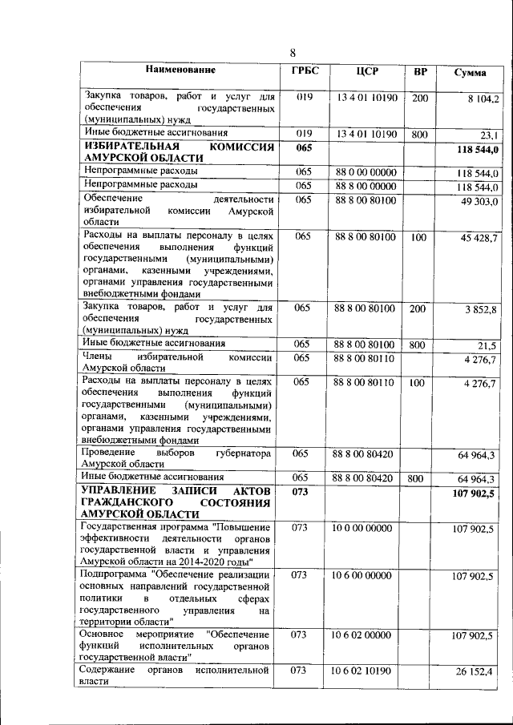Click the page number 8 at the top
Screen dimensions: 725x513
click(x=293, y=53)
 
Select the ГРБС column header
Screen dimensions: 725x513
click(x=304, y=71)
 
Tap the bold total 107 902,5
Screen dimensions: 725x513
click(x=475, y=493)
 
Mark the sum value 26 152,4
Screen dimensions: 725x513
click(x=477, y=671)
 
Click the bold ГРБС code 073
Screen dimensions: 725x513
click(x=301, y=490)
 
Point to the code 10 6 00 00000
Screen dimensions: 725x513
click(x=366, y=575)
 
